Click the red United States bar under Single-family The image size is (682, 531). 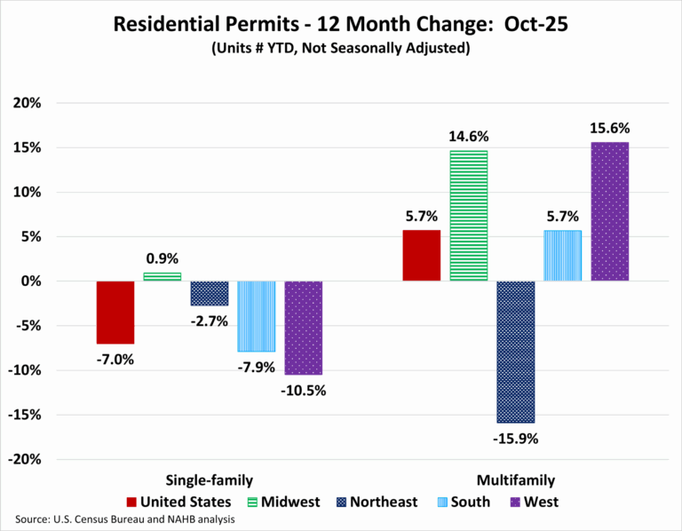coord(115,312)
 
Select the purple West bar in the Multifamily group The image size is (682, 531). coord(609,211)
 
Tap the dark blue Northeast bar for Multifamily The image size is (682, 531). coord(515,352)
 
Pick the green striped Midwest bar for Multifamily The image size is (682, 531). coord(468,216)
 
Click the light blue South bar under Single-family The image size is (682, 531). coord(256,316)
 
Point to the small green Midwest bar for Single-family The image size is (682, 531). coord(163,276)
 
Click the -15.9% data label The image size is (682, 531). coord(515,438)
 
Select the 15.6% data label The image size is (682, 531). coord(609,128)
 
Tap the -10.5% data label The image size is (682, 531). coord(303,390)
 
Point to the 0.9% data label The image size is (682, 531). coord(163,258)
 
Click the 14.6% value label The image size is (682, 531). coord(468,137)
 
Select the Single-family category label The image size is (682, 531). coord(209,479)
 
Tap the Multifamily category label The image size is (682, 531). coord(516,479)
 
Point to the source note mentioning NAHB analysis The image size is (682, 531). coord(124,519)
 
